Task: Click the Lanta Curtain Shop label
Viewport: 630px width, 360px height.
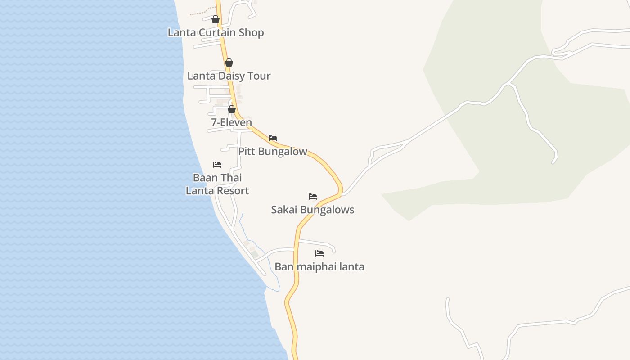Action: pyautogui.click(x=216, y=32)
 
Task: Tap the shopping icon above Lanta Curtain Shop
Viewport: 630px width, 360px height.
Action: pyautogui.click(x=216, y=19)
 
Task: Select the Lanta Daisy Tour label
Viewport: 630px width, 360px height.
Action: pyautogui.click(x=229, y=76)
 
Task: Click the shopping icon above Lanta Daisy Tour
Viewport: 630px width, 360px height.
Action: pyautogui.click(x=229, y=63)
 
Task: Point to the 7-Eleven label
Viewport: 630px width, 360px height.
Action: pyautogui.click(x=231, y=122)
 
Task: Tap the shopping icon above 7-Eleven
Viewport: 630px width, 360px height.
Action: pyautogui.click(x=232, y=109)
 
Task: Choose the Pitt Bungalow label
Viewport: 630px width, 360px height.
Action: pyautogui.click(x=272, y=152)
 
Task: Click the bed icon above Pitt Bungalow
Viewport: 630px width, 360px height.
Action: pyautogui.click(x=273, y=138)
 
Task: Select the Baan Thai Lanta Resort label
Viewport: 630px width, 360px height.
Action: pyautogui.click(x=217, y=184)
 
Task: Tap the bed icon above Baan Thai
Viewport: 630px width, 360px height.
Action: pyautogui.click(x=217, y=165)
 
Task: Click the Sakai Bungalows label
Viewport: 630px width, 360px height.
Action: pyautogui.click(x=312, y=210)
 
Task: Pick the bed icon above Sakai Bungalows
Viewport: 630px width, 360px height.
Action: pyautogui.click(x=313, y=197)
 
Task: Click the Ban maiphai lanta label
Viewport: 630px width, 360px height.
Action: pyautogui.click(x=319, y=267)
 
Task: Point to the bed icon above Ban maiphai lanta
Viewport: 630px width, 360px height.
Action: pyautogui.click(x=319, y=253)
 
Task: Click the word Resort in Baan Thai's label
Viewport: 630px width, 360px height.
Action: pyautogui.click(x=232, y=191)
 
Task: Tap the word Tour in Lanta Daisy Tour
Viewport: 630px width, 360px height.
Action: pyautogui.click(x=259, y=76)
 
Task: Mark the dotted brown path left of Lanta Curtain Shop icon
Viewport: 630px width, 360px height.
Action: pyautogui.click(x=200, y=12)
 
